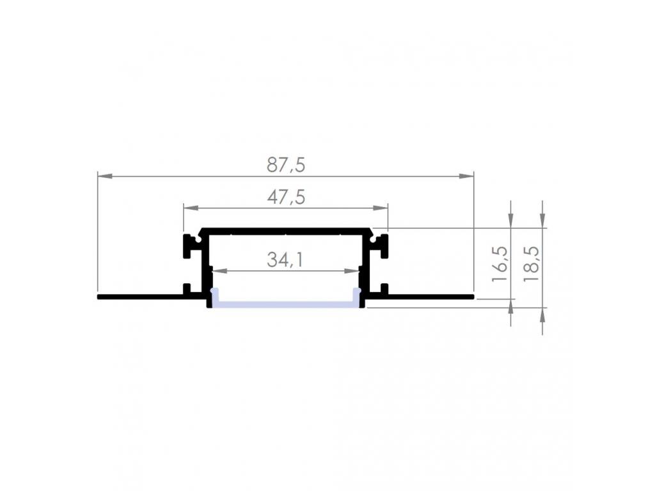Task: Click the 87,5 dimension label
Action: coord(286,165)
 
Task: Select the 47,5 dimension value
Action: coord(286,197)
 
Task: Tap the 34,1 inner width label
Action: coord(285,260)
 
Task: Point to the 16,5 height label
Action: coord(500,263)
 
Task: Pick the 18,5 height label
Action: coord(532,263)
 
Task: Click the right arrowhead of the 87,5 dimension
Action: coord(466,176)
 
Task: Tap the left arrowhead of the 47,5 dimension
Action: coord(191,208)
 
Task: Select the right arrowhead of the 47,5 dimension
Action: coord(381,208)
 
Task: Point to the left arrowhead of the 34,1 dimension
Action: coord(220,271)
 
